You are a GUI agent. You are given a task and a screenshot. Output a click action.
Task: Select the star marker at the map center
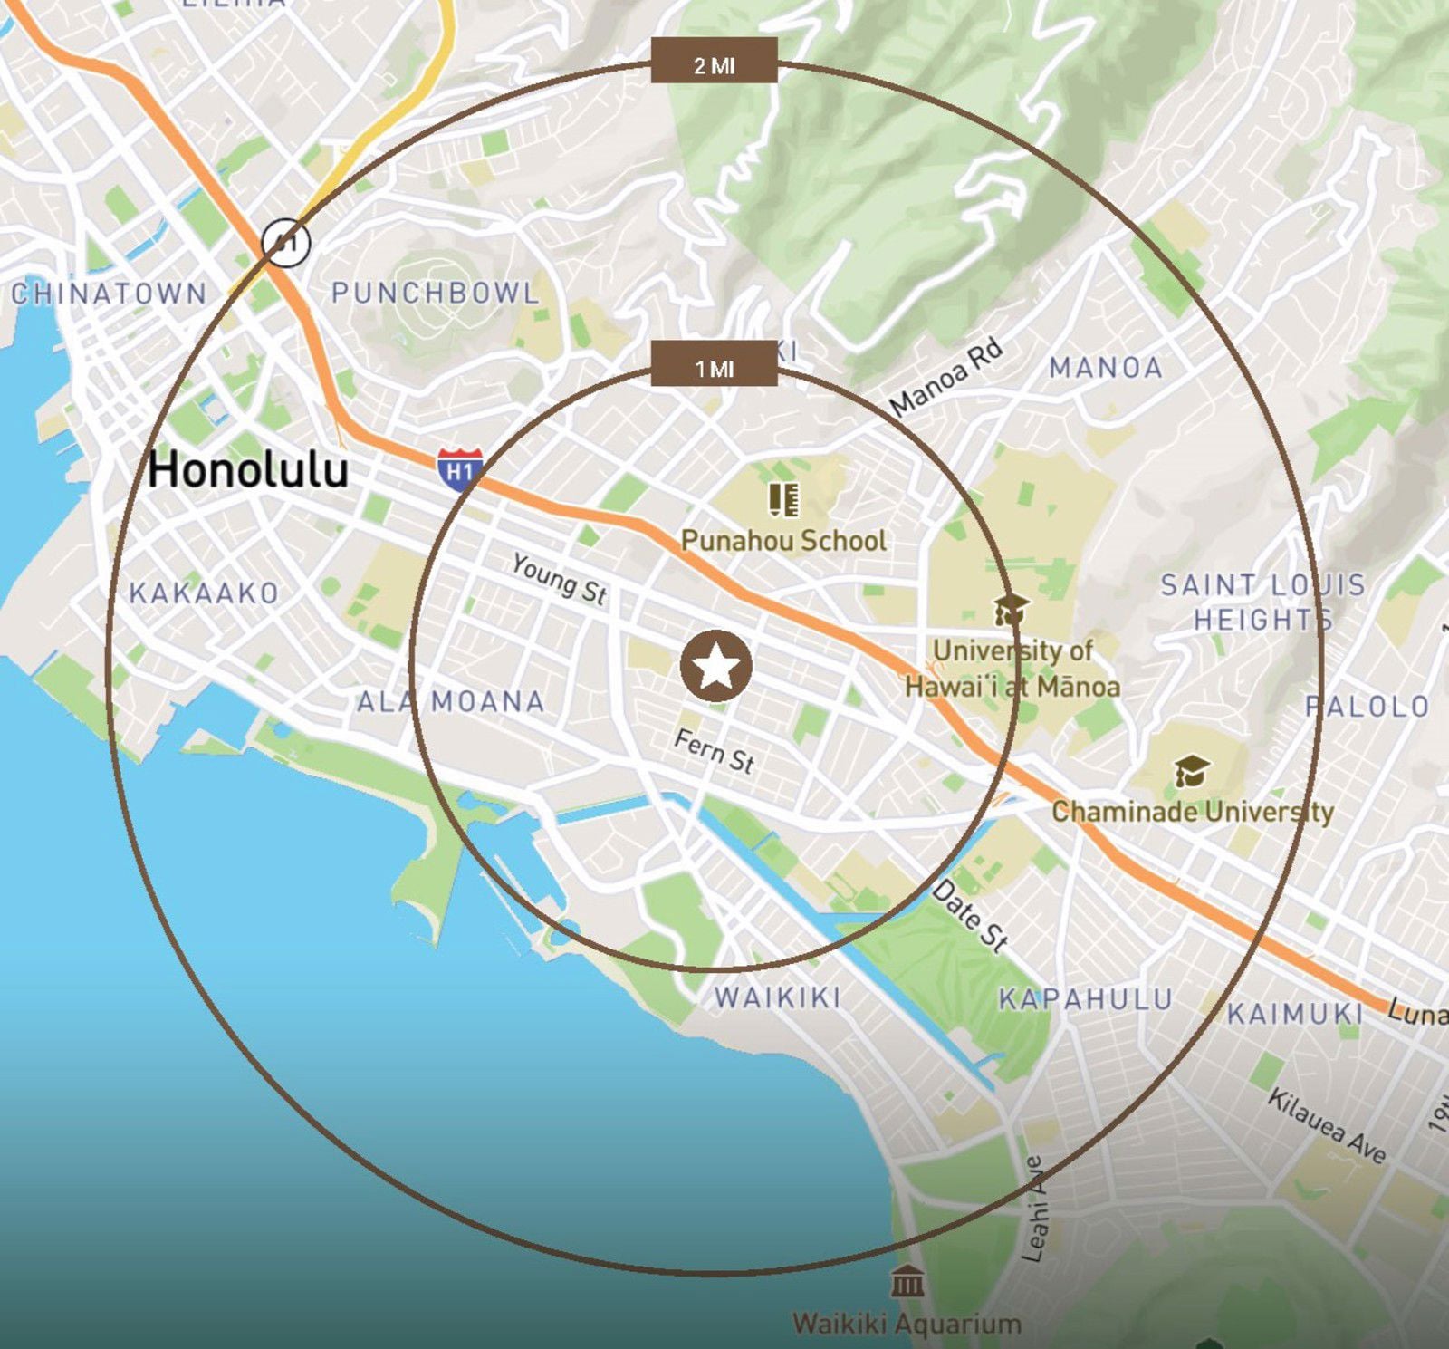715,666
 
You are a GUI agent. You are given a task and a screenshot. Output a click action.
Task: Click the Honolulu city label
247,470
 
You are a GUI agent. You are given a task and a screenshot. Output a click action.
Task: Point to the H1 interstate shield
460,468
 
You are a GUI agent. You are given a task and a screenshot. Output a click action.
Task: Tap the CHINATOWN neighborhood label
109,294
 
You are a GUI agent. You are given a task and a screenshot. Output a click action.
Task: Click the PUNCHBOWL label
435,293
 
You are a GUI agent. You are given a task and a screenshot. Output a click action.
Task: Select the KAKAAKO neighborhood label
204,593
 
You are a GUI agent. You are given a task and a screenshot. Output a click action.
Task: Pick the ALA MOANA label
450,701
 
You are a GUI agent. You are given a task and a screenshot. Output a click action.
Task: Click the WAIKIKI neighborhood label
778,997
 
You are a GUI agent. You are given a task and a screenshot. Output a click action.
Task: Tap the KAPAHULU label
1086,999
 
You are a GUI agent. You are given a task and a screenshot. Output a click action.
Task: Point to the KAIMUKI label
1295,1014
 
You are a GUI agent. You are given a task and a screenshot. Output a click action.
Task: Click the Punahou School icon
783,499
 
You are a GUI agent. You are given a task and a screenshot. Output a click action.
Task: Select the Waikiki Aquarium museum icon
907,1282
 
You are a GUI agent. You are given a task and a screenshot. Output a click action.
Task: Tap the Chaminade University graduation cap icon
1192,772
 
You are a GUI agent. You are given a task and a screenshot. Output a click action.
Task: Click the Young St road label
559,579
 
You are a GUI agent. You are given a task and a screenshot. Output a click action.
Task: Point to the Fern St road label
714,751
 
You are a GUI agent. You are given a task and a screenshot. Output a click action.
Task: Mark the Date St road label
970,916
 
